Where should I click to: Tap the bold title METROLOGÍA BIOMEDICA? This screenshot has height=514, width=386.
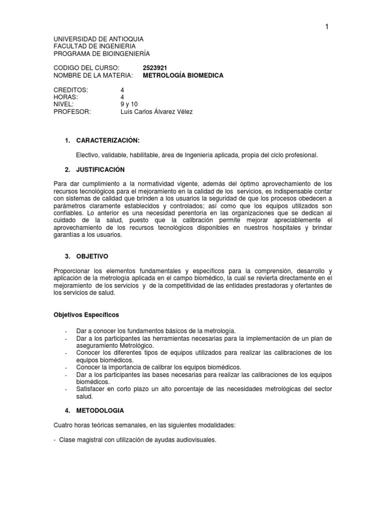click(x=183, y=75)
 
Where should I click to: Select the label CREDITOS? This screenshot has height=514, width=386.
click(x=71, y=89)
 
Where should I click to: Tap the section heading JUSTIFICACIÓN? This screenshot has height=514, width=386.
click(x=101, y=169)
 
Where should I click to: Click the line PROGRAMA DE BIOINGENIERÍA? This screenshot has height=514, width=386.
click(x=101, y=53)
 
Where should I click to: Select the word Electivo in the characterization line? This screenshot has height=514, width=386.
click(x=88, y=155)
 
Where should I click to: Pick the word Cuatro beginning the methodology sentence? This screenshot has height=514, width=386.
click(x=64, y=425)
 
